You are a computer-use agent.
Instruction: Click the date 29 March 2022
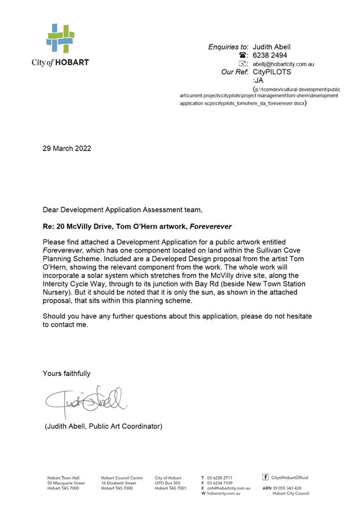pyautogui.click(x=67, y=148)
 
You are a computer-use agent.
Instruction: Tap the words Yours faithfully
pyautogui.click(x=67, y=373)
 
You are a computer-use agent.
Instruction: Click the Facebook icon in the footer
pyautogui.click(x=266, y=477)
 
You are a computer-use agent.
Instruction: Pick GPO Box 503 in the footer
pyautogui.click(x=168, y=483)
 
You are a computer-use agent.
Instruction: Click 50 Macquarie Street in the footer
pyautogui.click(x=66, y=483)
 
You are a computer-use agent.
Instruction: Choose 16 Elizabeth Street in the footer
pyautogui.click(x=119, y=483)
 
